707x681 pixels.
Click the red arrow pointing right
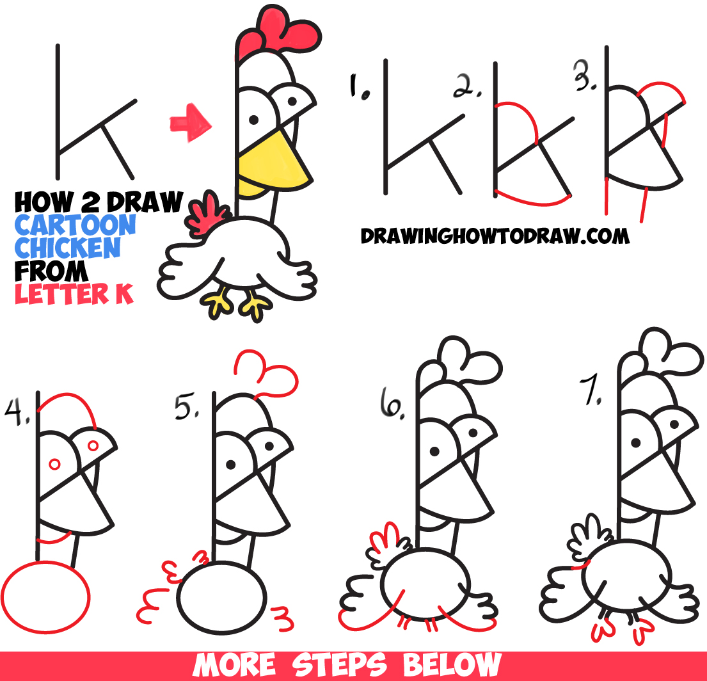[190, 123]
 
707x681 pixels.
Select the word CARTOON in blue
[75, 225]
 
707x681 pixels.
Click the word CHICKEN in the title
[68, 248]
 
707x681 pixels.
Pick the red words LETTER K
[74, 294]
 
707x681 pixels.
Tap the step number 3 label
[585, 76]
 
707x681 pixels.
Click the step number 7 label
[591, 391]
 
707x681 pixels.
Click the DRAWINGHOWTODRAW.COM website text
[495, 236]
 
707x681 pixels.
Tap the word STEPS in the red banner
[339, 665]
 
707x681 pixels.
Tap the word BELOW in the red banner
[452, 665]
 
